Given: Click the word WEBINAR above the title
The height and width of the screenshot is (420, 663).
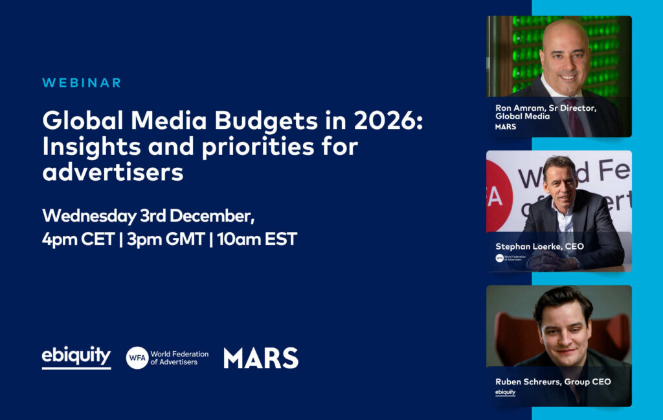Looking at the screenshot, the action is click(x=82, y=82).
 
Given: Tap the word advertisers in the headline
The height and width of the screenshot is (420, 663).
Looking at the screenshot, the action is click(x=113, y=172).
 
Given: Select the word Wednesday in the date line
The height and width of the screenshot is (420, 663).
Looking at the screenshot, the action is click(x=89, y=216).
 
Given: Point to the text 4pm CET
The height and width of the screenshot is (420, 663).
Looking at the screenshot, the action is click(x=78, y=239).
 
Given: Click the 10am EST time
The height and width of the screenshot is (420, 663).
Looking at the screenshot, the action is click(x=257, y=239).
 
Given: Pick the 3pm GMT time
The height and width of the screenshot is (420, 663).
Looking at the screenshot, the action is click(x=166, y=239).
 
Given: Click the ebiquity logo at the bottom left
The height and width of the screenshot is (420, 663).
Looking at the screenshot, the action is click(x=76, y=357).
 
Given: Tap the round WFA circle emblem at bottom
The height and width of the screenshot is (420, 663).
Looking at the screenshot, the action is click(x=137, y=358).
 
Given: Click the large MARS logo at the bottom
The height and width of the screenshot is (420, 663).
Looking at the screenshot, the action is click(x=261, y=358).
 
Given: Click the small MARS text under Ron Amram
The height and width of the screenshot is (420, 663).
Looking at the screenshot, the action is click(x=506, y=126).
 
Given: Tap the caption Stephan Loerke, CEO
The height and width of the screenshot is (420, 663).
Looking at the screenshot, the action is click(x=539, y=246).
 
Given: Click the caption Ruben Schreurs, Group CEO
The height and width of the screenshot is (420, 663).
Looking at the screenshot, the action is click(x=553, y=382).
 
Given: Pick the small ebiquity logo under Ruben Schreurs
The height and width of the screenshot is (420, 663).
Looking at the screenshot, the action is click(x=505, y=392).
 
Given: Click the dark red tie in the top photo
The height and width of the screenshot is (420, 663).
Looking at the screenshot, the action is click(x=575, y=118).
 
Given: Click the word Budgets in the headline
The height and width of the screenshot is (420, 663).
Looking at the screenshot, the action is click(x=266, y=121).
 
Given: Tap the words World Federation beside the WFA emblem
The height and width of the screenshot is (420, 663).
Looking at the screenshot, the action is click(x=179, y=354).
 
